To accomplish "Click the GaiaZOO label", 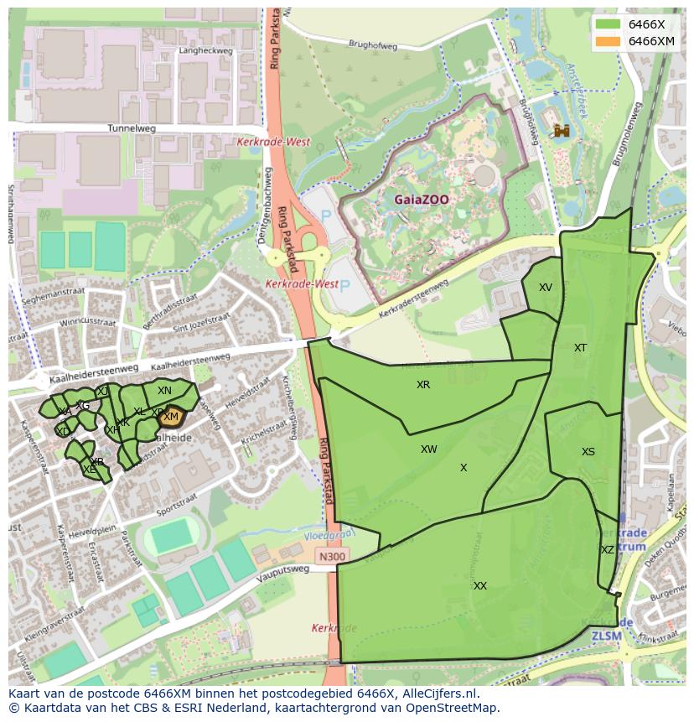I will (x=422, y=200).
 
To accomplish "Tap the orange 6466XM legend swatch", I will (x=609, y=41).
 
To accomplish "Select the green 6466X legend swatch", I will (x=609, y=24).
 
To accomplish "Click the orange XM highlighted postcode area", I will (x=171, y=416).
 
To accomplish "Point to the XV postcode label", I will (x=546, y=288).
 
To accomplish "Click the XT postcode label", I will (x=580, y=348).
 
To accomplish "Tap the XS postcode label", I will (x=588, y=452).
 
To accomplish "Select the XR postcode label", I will (x=423, y=385).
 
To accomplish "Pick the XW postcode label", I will (x=429, y=449).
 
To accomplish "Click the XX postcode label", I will (x=479, y=586).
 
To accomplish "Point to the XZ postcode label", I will (x=608, y=550).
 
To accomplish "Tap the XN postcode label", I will (x=164, y=391).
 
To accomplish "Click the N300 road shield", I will (x=332, y=556).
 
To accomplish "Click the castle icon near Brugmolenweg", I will (x=562, y=131).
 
